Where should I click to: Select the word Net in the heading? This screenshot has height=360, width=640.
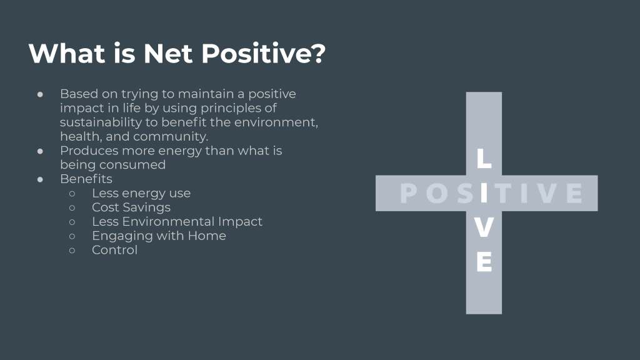coord(168,54)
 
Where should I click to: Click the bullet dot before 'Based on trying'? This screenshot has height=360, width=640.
coord(40,94)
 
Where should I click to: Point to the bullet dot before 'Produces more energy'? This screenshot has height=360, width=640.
coord(40,151)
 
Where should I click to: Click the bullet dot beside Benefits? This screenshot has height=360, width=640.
coord(40,179)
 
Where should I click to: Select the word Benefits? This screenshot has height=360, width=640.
coord(86,179)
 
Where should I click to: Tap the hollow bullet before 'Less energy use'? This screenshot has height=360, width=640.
coord(72,194)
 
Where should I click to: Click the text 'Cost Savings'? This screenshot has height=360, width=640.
coord(131,207)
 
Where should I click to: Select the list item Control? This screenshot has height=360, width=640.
coord(115,250)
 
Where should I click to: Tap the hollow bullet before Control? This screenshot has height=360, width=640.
coord(72,250)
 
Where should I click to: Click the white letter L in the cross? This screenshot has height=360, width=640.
coord(484,158)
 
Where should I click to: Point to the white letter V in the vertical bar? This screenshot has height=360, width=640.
coord(484,227)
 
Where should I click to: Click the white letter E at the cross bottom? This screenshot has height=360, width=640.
coord(484,262)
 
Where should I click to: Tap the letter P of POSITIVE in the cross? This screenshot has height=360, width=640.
coord(409,193)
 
